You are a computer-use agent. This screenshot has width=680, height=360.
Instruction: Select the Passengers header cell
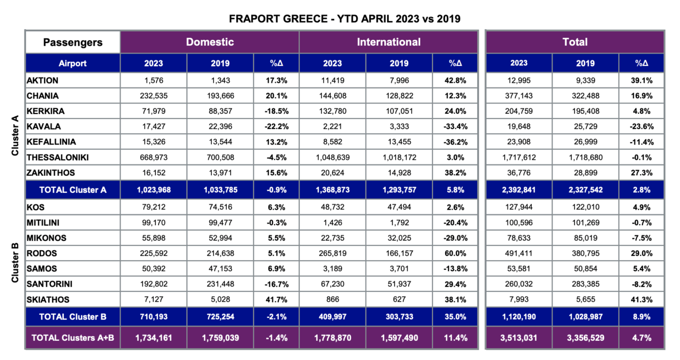pyautogui.click(x=73, y=42)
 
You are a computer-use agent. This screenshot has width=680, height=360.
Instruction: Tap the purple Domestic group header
pyautogui.click(x=209, y=42)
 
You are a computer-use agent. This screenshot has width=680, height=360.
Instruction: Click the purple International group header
pyautogui.click(x=388, y=42)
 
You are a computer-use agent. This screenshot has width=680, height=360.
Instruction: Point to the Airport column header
pyautogui.click(x=73, y=63)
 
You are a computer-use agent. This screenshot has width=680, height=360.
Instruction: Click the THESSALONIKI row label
pyautogui.click(x=57, y=158)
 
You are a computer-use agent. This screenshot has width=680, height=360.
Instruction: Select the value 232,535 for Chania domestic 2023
pyautogui.click(x=154, y=96)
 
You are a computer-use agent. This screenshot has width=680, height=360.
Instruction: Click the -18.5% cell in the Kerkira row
pyautogui.click(x=276, y=111)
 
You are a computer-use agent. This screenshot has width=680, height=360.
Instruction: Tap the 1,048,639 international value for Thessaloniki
pyautogui.click(x=333, y=158)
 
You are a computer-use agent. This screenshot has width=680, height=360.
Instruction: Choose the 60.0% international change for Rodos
pyautogui.click(x=455, y=253)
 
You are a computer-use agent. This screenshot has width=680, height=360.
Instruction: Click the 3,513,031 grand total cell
pyautogui.click(x=519, y=337)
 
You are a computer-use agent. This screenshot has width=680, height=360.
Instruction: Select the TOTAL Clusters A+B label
pyautogui.click(x=73, y=337)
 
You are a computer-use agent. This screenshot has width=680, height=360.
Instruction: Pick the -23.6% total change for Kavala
pyautogui.click(x=641, y=126)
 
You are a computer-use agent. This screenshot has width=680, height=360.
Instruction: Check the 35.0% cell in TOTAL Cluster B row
pyautogui.click(x=455, y=317)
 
